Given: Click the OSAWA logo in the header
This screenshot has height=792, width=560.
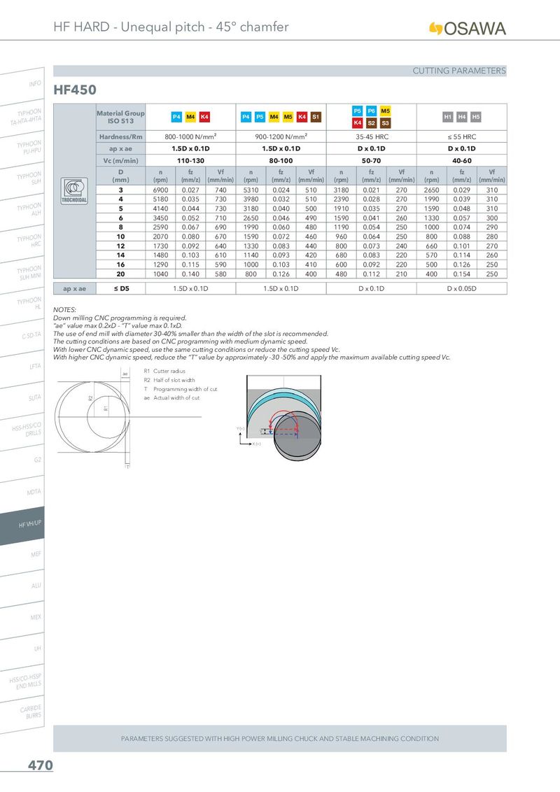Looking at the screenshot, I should [467, 28].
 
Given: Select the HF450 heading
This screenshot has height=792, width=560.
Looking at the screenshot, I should [75, 90].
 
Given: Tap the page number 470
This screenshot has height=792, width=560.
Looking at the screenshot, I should [40, 766].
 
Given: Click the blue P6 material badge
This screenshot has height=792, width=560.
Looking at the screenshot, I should [372, 111].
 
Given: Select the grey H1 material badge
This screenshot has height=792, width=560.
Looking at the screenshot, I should [448, 117].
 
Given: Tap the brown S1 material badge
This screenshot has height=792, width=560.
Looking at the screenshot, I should [316, 117].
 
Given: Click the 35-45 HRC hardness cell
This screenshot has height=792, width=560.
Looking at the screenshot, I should [372, 137].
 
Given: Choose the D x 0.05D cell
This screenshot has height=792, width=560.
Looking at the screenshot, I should [461, 288].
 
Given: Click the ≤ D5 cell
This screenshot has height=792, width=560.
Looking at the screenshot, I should [121, 288].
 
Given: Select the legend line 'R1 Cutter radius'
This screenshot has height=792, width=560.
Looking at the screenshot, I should [164, 372].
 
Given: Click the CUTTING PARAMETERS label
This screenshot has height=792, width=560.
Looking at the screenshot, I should [458, 71].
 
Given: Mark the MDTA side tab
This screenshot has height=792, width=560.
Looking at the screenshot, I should [34, 493].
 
